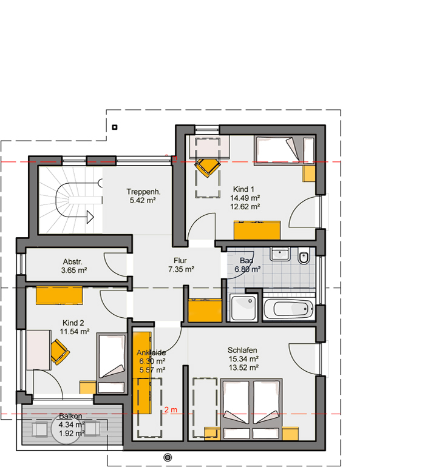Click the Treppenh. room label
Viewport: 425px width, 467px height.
143,192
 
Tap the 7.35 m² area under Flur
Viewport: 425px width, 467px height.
181,269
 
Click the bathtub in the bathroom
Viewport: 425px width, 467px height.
288,308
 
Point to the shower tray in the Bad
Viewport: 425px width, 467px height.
243,307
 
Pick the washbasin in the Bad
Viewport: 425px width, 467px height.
280,254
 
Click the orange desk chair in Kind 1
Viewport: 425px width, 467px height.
208,167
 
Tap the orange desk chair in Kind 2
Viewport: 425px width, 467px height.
59,352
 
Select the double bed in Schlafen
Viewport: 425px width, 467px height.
251,409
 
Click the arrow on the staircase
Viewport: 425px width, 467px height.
90,217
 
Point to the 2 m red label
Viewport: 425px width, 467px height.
171,410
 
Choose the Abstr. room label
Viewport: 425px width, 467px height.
72,262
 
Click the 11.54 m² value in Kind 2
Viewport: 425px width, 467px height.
75,332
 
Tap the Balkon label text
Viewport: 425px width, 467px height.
70,416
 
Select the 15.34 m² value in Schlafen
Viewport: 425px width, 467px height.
243,359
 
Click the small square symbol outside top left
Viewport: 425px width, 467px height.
115,127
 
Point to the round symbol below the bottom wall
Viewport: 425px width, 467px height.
168,457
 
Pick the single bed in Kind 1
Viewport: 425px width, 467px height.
284,150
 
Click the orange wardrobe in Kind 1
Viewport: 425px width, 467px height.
257,230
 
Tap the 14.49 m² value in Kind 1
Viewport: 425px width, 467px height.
245,198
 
